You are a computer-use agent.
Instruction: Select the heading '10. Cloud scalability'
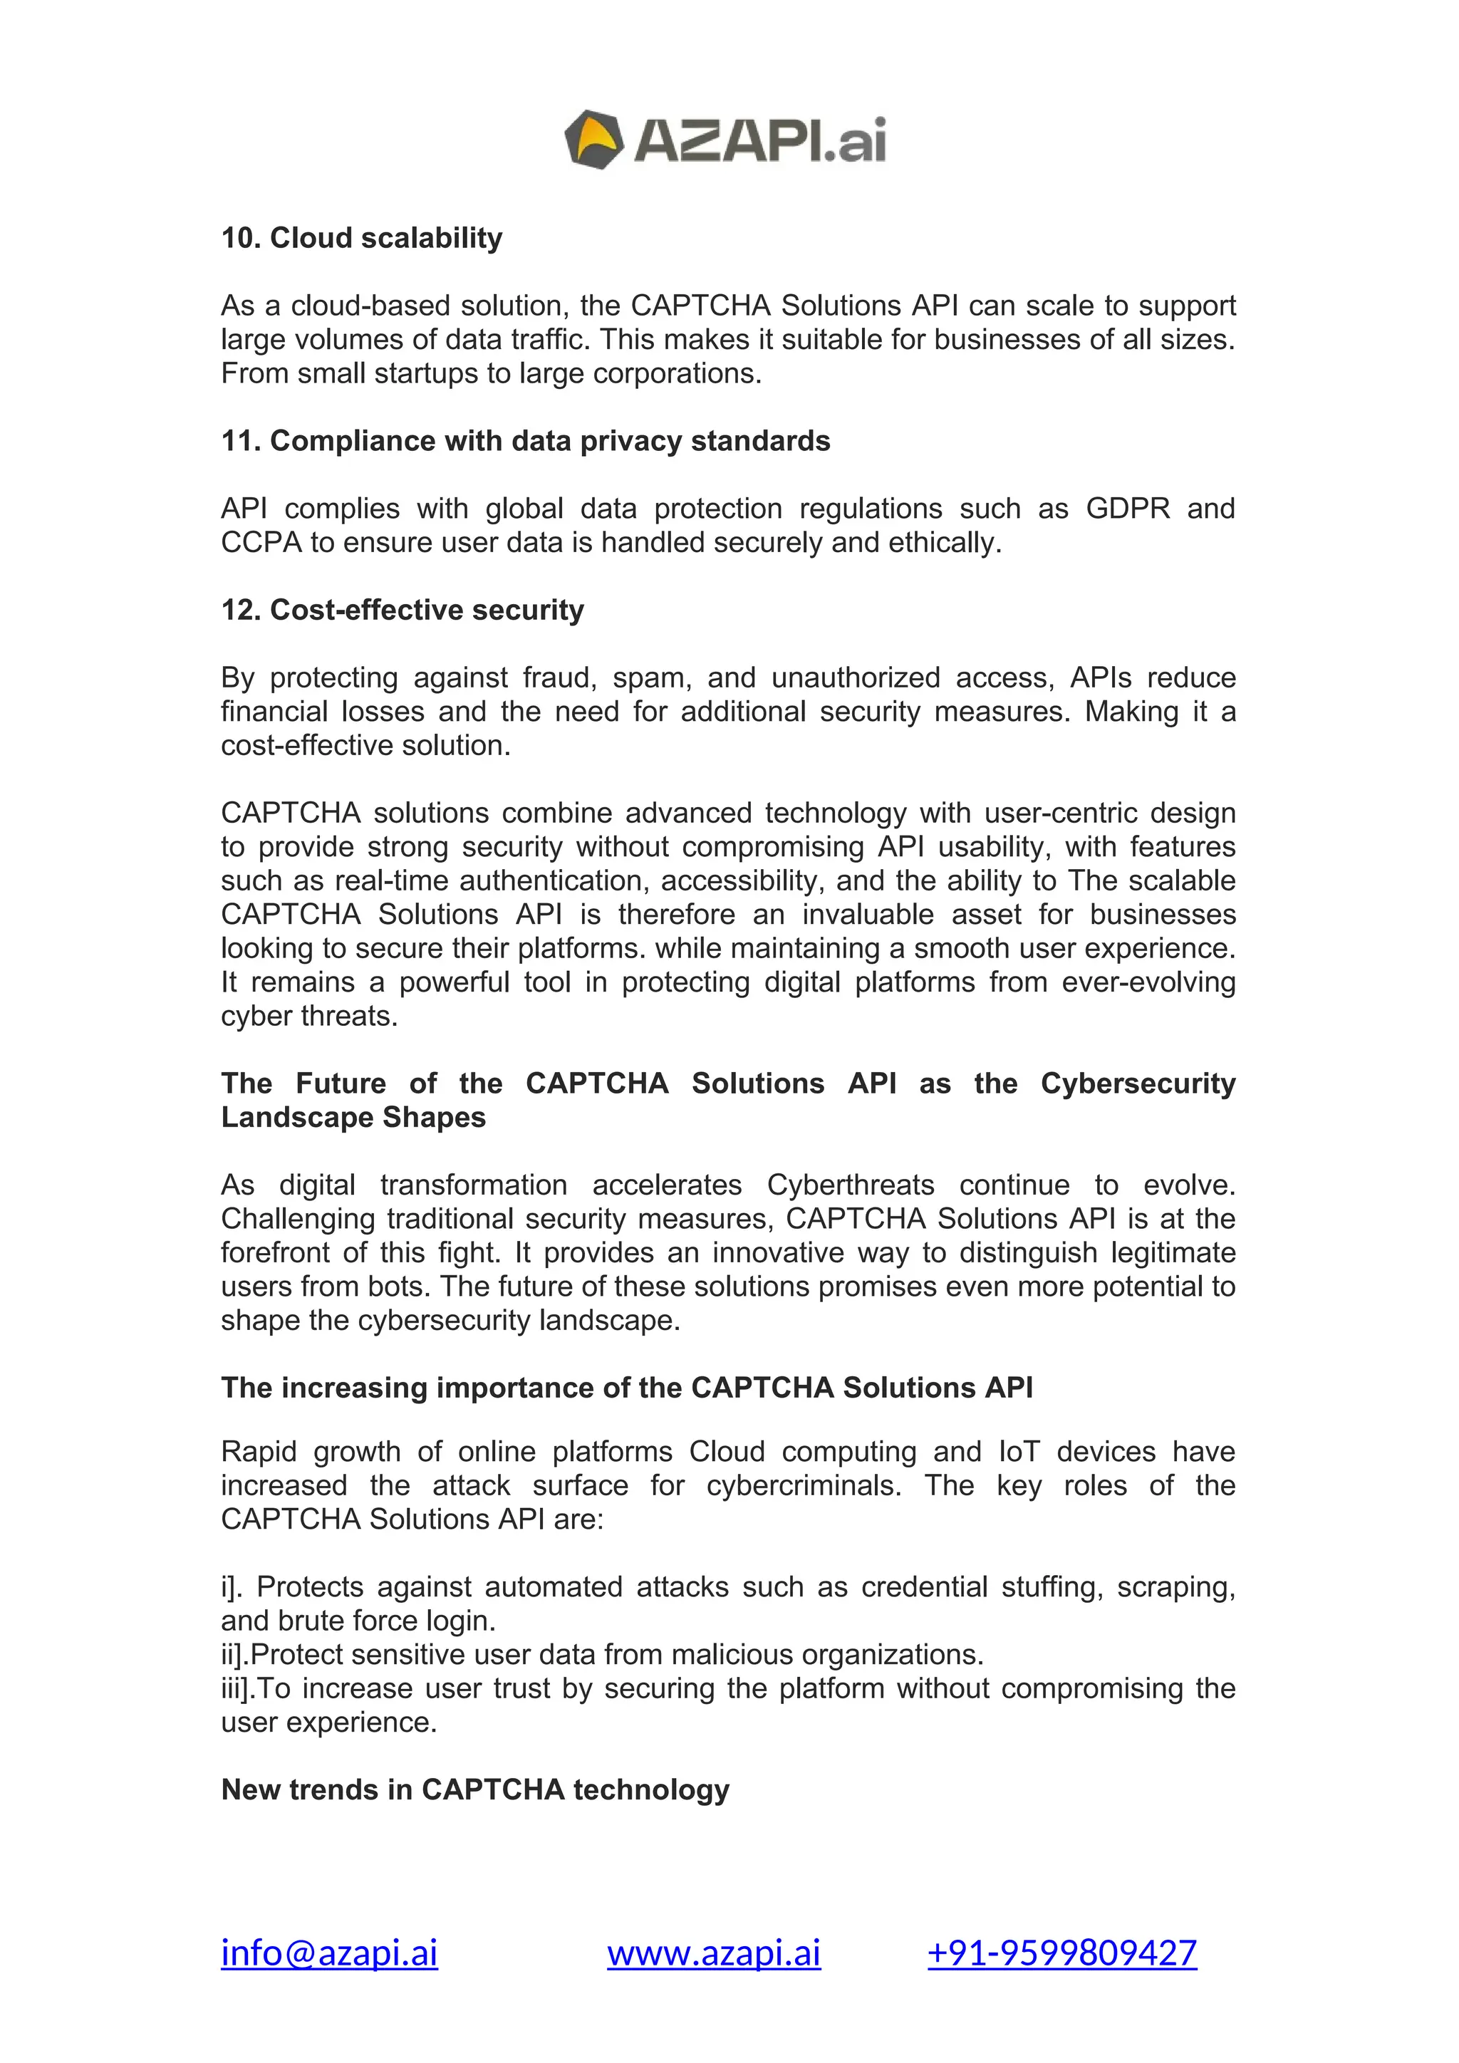tap(361, 238)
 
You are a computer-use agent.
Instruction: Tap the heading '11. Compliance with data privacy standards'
tap(526, 441)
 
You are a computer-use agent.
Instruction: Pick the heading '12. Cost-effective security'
tap(403, 610)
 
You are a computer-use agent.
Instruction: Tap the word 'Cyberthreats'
tap(850, 1185)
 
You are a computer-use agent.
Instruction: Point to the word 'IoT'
tap(1019, 1452)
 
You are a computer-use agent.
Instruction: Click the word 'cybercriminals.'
tap(803, 1485)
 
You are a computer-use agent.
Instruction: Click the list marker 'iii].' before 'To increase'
tap(238, 1688)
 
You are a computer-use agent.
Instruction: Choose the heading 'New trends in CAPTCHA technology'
tap(474, 1790)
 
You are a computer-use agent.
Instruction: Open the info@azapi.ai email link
tap(329, 1953)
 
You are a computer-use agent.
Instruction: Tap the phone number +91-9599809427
tap(1062, 1953)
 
